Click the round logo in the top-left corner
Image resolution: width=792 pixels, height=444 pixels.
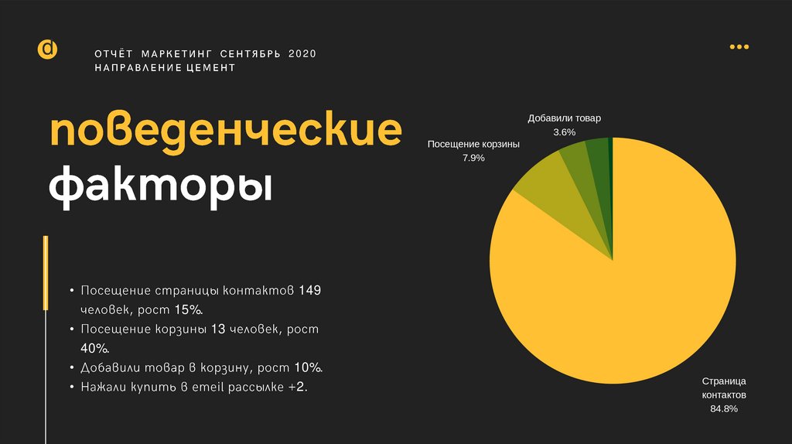click(47, 49)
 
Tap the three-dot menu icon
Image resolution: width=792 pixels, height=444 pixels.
click(739, 47)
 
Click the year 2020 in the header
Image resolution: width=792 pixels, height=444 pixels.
click(302, 53)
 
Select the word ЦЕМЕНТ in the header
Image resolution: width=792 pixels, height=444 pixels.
click(210, 68)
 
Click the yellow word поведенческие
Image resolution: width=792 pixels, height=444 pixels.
click(226, 132)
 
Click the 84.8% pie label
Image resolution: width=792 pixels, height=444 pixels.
click(724, 408)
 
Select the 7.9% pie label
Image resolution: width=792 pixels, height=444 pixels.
click(473, 158)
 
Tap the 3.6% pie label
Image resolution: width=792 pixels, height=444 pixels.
click(564, 132)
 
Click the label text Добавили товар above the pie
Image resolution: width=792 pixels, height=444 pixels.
click(564, 119)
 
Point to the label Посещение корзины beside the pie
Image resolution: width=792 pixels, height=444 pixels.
click(473, 145)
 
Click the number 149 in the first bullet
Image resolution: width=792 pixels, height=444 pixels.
click(309, 292)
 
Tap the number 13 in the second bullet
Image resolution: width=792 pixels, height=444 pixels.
click(217, 330)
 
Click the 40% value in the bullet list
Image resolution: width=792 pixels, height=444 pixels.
click(92, 348)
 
